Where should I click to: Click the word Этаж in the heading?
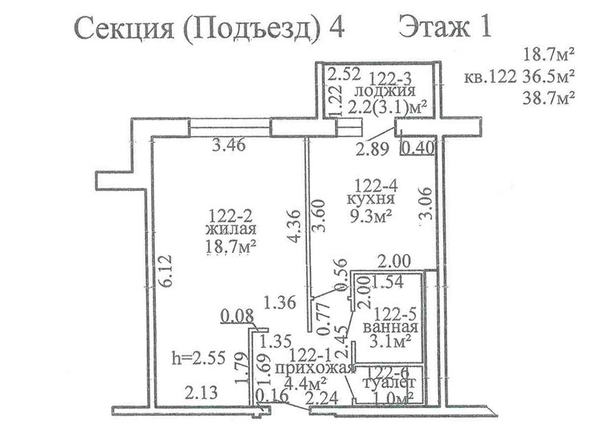pyautogui.click(x=434, y=28)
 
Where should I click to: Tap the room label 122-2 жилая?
pyautogui.click(x=230, y=223)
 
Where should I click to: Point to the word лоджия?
pyautogui.click(x=385, y=92)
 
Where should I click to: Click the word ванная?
pyautogui.click(x=390, y=328)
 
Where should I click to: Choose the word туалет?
pyautogui.click(x=388, y=383)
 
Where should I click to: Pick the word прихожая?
pyautogui.click(x=313, y=369)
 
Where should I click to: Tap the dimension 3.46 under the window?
pyautogui.click(x=229, y=145)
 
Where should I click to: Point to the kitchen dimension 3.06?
pyautogui.click(x=425, y=203)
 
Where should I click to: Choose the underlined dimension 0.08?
pyautogui.click(x=237, y=317)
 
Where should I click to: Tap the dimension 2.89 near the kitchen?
pyautogui.click(x=372, y=149)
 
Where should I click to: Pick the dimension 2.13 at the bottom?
pyautogui.click(x=201, y=393)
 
